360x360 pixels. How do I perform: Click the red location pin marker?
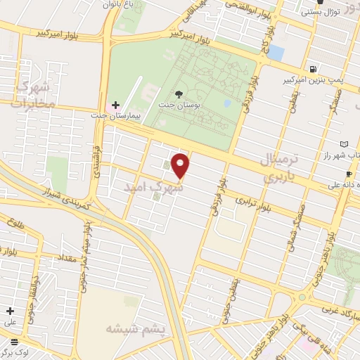pos(181,165)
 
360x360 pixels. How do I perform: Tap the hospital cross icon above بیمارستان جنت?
pos(116,105)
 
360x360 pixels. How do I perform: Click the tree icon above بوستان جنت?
pos(180,94)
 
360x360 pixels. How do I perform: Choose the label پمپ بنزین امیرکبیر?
pos(312,81)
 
